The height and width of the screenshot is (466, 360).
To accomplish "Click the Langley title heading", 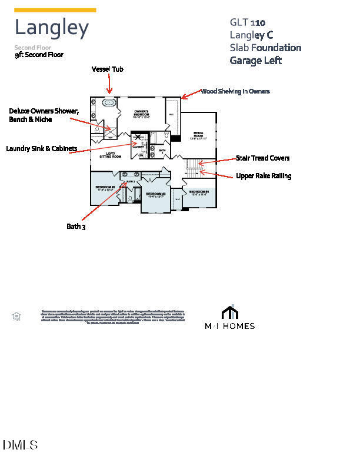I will coord(52,28).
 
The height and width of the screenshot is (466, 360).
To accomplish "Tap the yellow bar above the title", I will coord(55,10).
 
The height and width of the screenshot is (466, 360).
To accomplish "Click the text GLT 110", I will coord(247,22).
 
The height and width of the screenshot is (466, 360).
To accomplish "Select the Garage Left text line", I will coord(256,60).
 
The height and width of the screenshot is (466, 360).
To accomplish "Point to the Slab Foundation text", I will coord(265,48).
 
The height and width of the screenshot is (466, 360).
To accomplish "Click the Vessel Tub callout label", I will coord(107,69).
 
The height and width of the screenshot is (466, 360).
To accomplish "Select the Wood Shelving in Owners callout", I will coord(235,91).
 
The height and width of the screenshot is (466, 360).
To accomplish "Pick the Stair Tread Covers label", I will coord(262,158).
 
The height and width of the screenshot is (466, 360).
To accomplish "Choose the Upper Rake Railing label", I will coord(264,175).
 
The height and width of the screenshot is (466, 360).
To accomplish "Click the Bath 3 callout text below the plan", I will coord(76,226).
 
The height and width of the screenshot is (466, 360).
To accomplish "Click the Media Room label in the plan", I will coord(198,135).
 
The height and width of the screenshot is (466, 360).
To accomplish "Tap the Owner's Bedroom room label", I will coord(141,114).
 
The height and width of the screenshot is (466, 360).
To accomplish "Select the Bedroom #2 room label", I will coord(104,188).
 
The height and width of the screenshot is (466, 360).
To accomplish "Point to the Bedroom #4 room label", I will coord(199,192).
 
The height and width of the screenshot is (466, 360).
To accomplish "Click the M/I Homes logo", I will coord(229,318).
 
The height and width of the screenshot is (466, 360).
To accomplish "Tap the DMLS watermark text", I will coord(20,445).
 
